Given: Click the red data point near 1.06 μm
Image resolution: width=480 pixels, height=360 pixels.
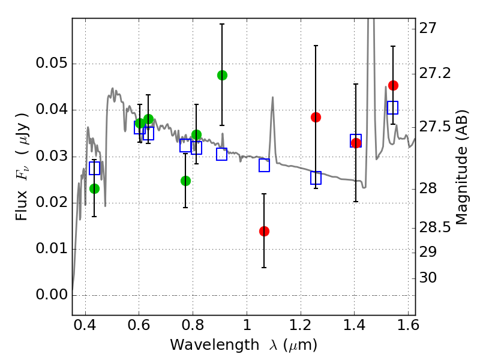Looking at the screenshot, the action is click(264, 231).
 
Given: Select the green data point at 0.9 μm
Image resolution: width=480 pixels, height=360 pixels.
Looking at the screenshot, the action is click(222, 75).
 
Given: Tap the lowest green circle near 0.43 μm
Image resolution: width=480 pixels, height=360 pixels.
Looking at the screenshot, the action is click(95, 188).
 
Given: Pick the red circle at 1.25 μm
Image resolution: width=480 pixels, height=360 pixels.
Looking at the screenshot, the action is click(316, 117).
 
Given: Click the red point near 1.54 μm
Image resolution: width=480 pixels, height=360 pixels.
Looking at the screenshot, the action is click(393, 85).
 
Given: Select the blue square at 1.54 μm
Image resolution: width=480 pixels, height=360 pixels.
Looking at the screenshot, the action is click(393, 107).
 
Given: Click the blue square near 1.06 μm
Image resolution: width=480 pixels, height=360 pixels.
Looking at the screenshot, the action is click(264, 166).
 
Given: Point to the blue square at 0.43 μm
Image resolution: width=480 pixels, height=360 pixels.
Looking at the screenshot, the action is click(95, 168).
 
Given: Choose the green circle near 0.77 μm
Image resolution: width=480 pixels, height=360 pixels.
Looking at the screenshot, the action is click(185, 181).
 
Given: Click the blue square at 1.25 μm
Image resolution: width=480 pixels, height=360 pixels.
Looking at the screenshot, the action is click(316, 178).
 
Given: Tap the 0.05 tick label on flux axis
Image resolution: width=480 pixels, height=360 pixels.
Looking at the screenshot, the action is click(52, 63).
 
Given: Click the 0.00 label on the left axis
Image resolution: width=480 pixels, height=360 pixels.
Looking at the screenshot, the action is click(52, 295).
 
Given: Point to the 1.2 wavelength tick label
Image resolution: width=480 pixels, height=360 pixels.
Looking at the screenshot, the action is click(301, 325).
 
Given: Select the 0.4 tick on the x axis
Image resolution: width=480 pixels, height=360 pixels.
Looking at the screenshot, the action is click(85, 325).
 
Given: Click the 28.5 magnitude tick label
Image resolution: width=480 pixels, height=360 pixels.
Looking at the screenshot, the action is click(434, 227).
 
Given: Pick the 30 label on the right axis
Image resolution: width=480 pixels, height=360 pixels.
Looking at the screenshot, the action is click(428, 278).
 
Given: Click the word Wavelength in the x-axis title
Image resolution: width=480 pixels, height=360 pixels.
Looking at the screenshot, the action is click(215, 345).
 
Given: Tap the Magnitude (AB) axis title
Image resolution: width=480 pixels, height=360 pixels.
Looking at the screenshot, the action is click(461, 167).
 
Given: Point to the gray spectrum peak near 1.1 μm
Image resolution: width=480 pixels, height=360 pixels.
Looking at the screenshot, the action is click(272, 97).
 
